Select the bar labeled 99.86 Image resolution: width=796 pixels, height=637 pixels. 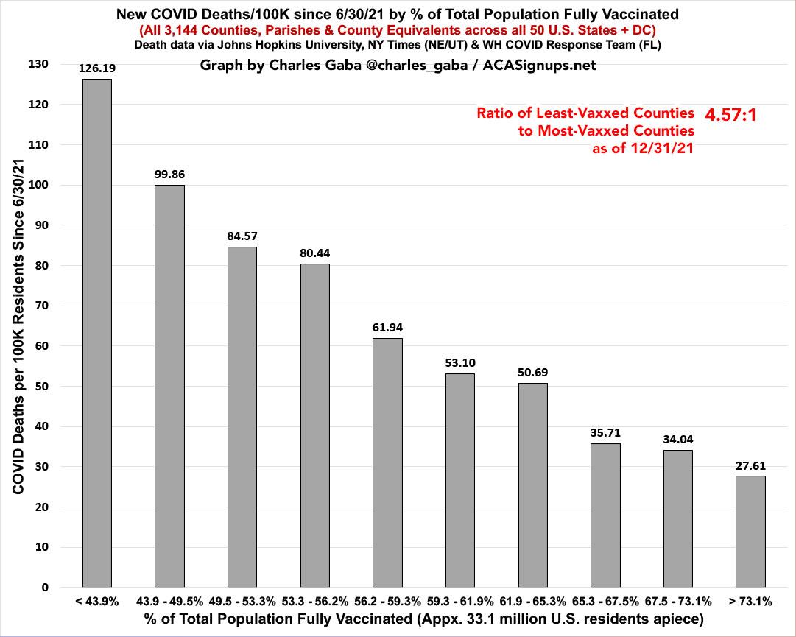coord(169,386)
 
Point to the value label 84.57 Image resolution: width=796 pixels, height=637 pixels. coord(242,236)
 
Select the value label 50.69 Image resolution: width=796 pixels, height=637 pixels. coord(532,373)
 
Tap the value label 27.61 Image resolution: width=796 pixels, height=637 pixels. coord(750,465)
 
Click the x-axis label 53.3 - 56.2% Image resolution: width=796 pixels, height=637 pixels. coord(314,602)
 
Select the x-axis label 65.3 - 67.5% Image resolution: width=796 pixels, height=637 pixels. coord(605,602)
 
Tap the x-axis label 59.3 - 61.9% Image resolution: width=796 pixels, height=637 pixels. coord(460,602)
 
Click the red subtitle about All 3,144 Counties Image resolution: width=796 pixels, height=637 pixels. coord(398,30)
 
